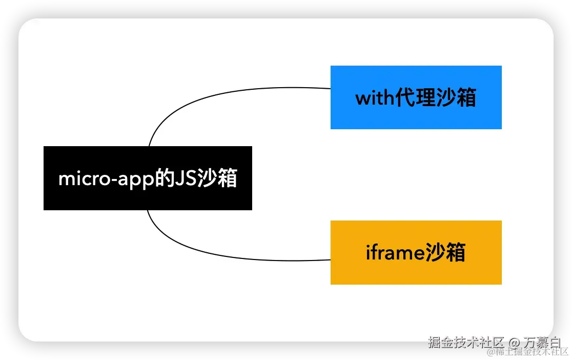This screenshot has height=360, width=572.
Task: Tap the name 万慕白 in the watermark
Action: [543, 342]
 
